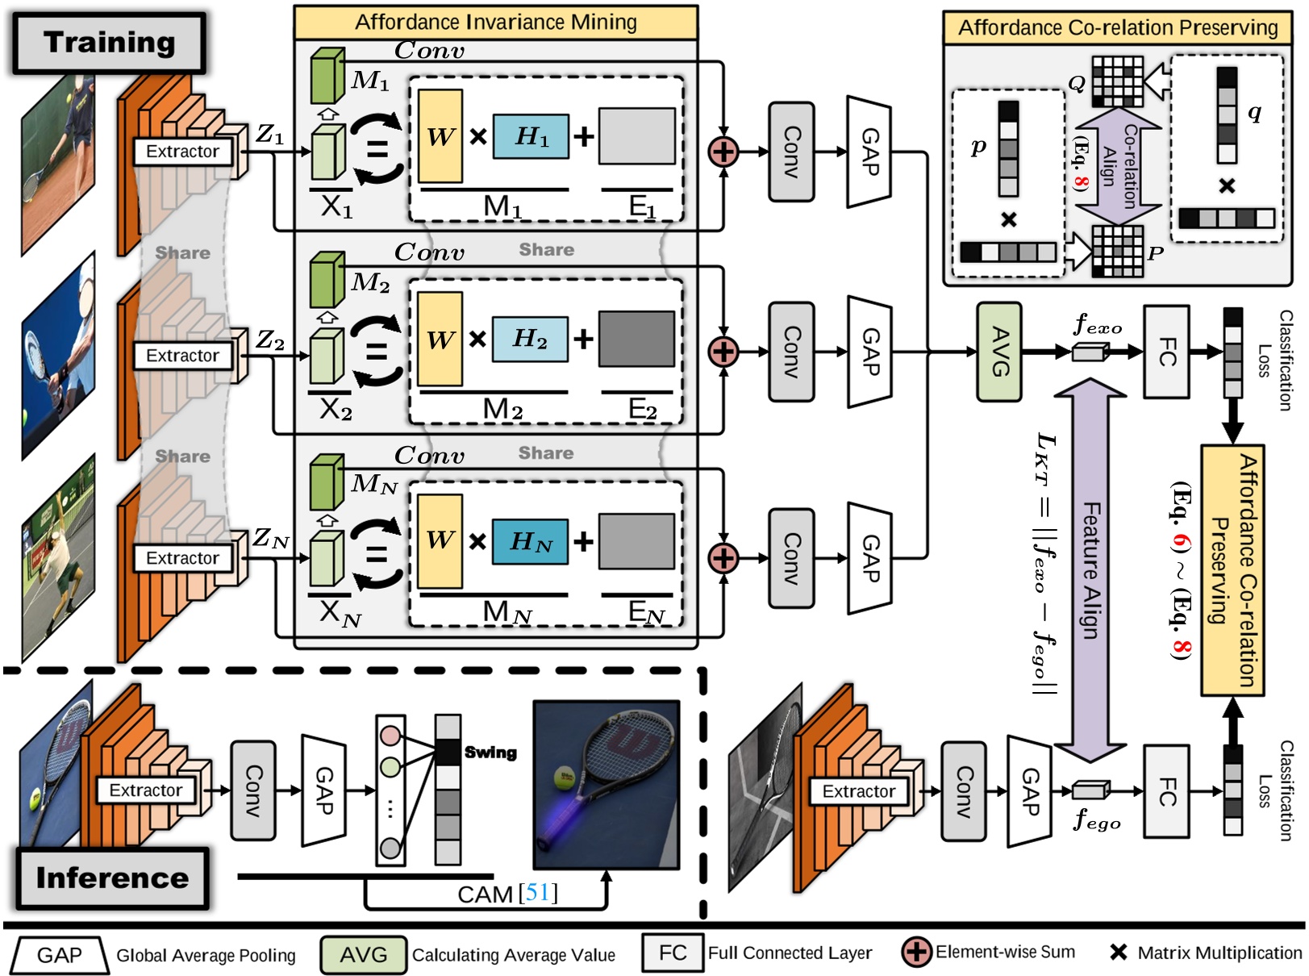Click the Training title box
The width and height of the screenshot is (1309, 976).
pos(109,42)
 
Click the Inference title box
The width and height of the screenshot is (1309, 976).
pos(112,878)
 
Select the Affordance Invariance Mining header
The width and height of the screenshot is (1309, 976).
pos(495,22)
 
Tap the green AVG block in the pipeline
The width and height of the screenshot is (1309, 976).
pos(999,352)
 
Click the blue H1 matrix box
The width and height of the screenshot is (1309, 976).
pos(531,136)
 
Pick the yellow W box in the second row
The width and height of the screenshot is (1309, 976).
pos(440,339)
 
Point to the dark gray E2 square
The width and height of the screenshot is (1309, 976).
pos(636,339)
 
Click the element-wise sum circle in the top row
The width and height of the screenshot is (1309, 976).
pos(723,151)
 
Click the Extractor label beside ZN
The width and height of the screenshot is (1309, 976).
pos(182,558)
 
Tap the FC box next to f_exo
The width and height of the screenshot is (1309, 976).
pos(1166,352)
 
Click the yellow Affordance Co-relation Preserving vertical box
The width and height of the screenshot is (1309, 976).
pos(1232,569)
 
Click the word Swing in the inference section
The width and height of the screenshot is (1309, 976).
pos(490,753)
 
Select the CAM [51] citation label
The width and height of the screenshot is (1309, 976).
pos(507,894)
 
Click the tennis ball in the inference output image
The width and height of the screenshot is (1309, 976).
pos(563,779)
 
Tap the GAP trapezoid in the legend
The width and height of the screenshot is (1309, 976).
pos(59,955)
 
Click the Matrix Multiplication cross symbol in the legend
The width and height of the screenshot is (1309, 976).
pos(1118,953)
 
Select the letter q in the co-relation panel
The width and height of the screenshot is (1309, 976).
pos(1254,112)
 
